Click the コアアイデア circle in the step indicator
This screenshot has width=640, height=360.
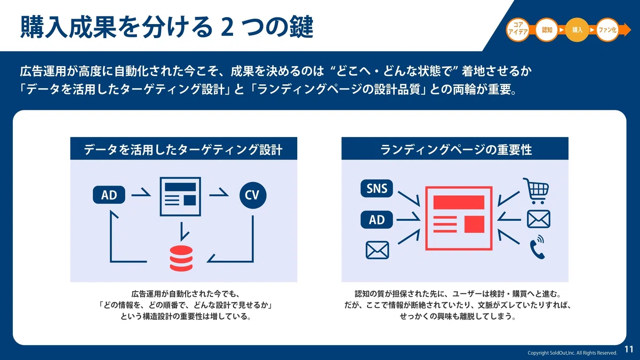point(518,30)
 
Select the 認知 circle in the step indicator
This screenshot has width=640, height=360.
point(547,30)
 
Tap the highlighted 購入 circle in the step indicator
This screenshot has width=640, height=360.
point(577,30)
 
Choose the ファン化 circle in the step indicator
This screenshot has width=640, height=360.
point(607,30)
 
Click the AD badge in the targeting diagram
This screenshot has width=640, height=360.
point(109,195)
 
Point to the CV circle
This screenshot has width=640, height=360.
point(253,195)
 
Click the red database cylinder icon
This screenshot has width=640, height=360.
point(181,258)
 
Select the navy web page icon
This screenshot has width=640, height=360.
point(180,197)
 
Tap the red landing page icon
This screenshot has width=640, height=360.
point(459,218)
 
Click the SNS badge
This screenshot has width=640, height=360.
point(377,188)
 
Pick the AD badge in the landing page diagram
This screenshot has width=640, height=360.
point(377,220)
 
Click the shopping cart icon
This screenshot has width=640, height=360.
point(536,191)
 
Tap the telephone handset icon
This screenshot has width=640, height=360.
point(537,247)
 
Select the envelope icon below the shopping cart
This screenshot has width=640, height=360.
point(539,219)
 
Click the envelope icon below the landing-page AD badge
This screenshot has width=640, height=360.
point(377,250)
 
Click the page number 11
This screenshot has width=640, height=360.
point(629,349)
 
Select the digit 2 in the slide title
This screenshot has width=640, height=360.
point(227,28)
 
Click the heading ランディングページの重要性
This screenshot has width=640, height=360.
point(456,150)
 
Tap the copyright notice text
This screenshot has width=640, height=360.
point(572,353)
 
